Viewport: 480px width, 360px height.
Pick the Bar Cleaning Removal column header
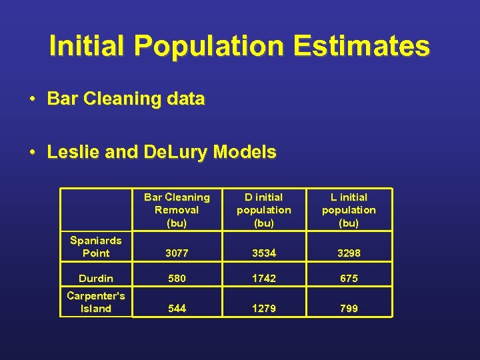click(x=177, y=210)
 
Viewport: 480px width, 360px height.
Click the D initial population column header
click(x=263, y=210)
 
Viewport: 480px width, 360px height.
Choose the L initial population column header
click(x=349, y=210)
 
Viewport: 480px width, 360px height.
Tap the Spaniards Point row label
click(x=96, y=247)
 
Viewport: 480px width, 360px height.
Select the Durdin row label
click(x=96, y=278)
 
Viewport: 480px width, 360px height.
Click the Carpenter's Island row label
click(x=96, y=302)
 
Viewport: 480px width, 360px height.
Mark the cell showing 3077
click(x=177, y=253)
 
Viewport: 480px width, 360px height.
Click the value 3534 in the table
click(x=263, y=253)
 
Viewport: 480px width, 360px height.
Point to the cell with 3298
click(x=349, y=253)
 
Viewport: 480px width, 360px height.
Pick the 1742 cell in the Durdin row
click(x=263, y=279)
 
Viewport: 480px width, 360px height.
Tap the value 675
click(x=349, y=279)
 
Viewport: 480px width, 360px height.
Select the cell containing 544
click(x=177, y=309)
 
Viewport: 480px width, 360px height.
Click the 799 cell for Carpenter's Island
click(x=349, y=309)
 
